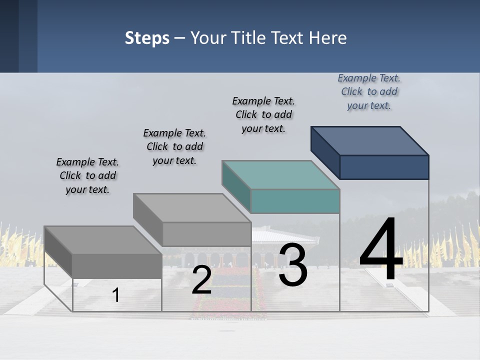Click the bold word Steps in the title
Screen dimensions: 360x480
[x=147, y=38]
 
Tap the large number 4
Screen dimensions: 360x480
[x=381, y=250]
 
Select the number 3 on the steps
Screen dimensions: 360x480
[x=293, y=265]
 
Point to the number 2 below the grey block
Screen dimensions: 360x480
[x=201, y=280]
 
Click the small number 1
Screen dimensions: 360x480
[x=115, y=295]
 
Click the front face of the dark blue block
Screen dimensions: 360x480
[x=384, y=167]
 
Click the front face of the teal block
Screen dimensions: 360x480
[x=295, y=201]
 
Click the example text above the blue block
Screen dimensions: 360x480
[x=369, y=92]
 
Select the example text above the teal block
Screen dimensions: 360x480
[x=263, y=114]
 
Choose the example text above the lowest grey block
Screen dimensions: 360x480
[x=87, y=175]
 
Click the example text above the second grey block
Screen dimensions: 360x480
[x=174, y=146]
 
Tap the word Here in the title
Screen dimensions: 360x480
[x=328, y=38]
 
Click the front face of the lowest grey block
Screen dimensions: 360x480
[x=117, y=266]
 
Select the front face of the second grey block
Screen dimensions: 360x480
[x=206, y=234]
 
